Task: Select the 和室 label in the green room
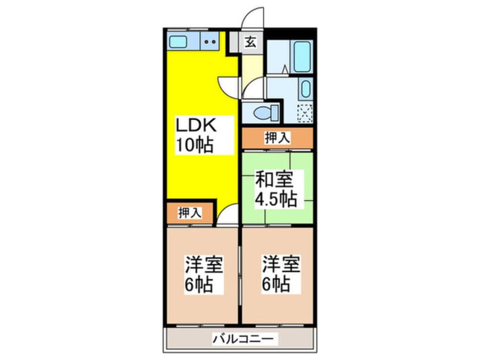coord(275,180)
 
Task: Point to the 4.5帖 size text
coord(276,200)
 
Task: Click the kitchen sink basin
coord(180,41)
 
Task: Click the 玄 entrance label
coord(250,41)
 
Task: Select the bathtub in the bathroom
coord(301,57)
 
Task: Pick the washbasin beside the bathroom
coord(305,89)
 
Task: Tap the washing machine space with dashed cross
coord(305,113)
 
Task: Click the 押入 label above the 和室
coord(277,137)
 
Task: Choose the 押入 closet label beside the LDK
coord(189,213)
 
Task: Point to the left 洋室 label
coord(203,265)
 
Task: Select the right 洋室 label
coord(280,265)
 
